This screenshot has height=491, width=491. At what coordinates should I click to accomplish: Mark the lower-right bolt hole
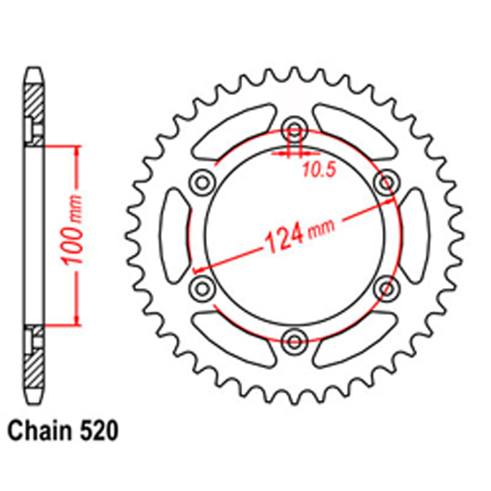click(386, 286)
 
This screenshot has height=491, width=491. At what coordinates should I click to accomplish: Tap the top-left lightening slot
click(233, 131)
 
